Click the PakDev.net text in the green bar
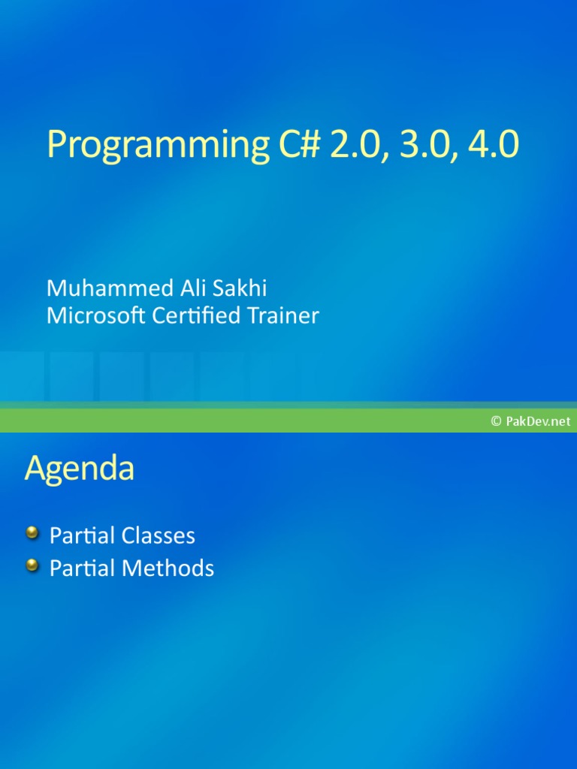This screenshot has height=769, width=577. pyautogui.click(x=538, y=421)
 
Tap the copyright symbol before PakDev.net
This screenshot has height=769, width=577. pyautogui.click(x=496, y=421)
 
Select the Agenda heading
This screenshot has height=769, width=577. pyautogui.click(x=80, y=469)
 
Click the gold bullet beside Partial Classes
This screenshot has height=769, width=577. pyautogui.click(x=32, y=533)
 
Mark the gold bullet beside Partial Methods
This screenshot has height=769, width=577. pyautogui.click(x=32, y=565)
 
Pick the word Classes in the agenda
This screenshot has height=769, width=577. pyautogui.click(x=159, y=535)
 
